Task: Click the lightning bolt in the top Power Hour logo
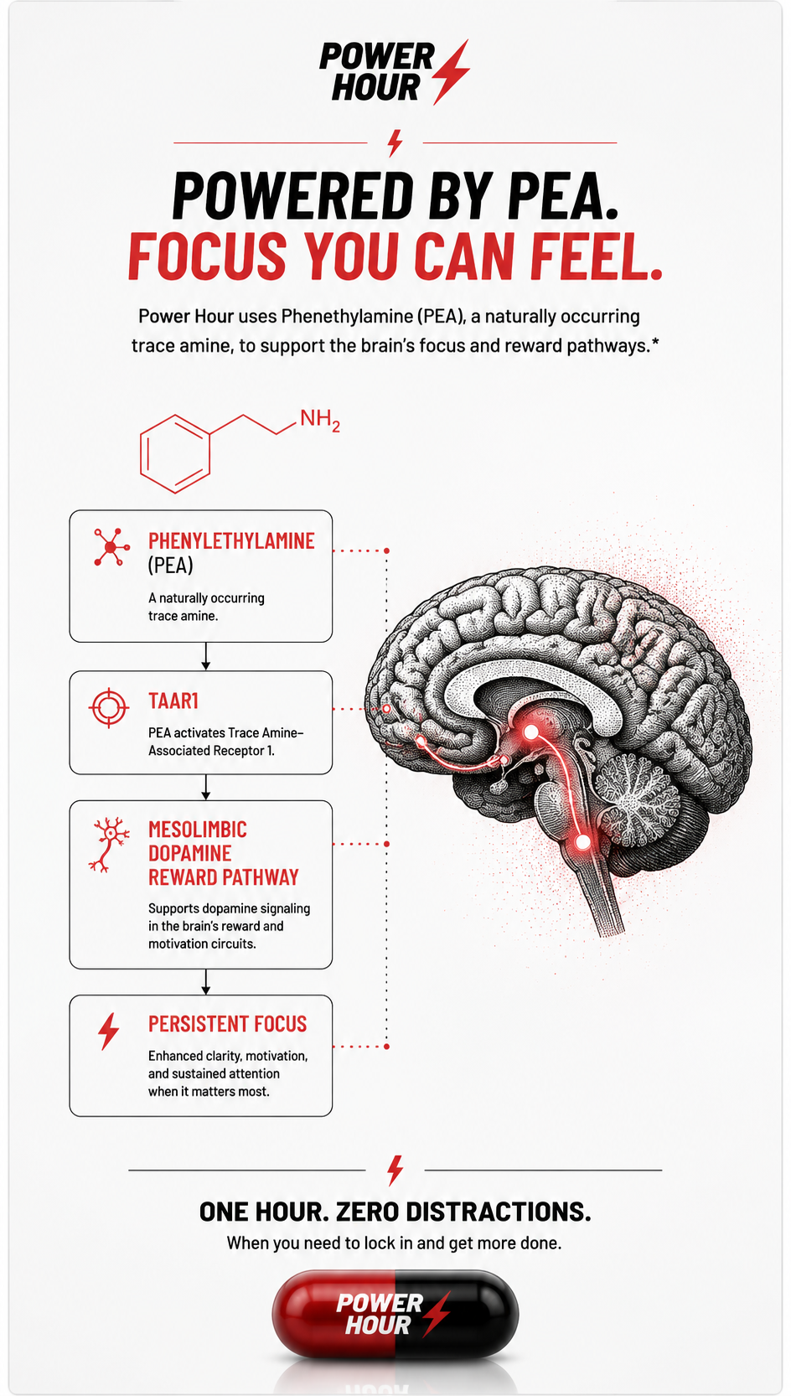pyautogui.click(x=450, y=71)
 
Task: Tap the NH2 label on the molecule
pyautogui.click(x=320, y=420)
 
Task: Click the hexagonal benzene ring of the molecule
pyautogui.click(x=175, y=453)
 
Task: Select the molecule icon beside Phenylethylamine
pyautogui.click(x=111, y=547)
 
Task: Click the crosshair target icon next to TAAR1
pyautogui.click(x=109, y=707)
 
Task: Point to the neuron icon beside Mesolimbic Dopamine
pyautogui.click(x=110, y=845)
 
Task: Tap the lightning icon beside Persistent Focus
pyautogui.click(x=108, y=1031)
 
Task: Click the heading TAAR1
pyautogui.click(x=173, y=701)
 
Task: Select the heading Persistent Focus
pyautogui.click(x=228, y=1024)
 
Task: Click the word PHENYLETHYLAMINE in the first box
pyautogui.click(x=231, y=541)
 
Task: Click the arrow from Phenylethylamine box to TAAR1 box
pyautogui.click(x=205, y=656)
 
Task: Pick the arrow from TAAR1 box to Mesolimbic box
pyautogui.click(x=205, y=787)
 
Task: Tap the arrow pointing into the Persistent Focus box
pyautogui.click(x=205, y=981)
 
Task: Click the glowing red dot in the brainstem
pyautogui.click(x=583, y=843)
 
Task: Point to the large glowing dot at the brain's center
pyautogui.click(x=531, y=732)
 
